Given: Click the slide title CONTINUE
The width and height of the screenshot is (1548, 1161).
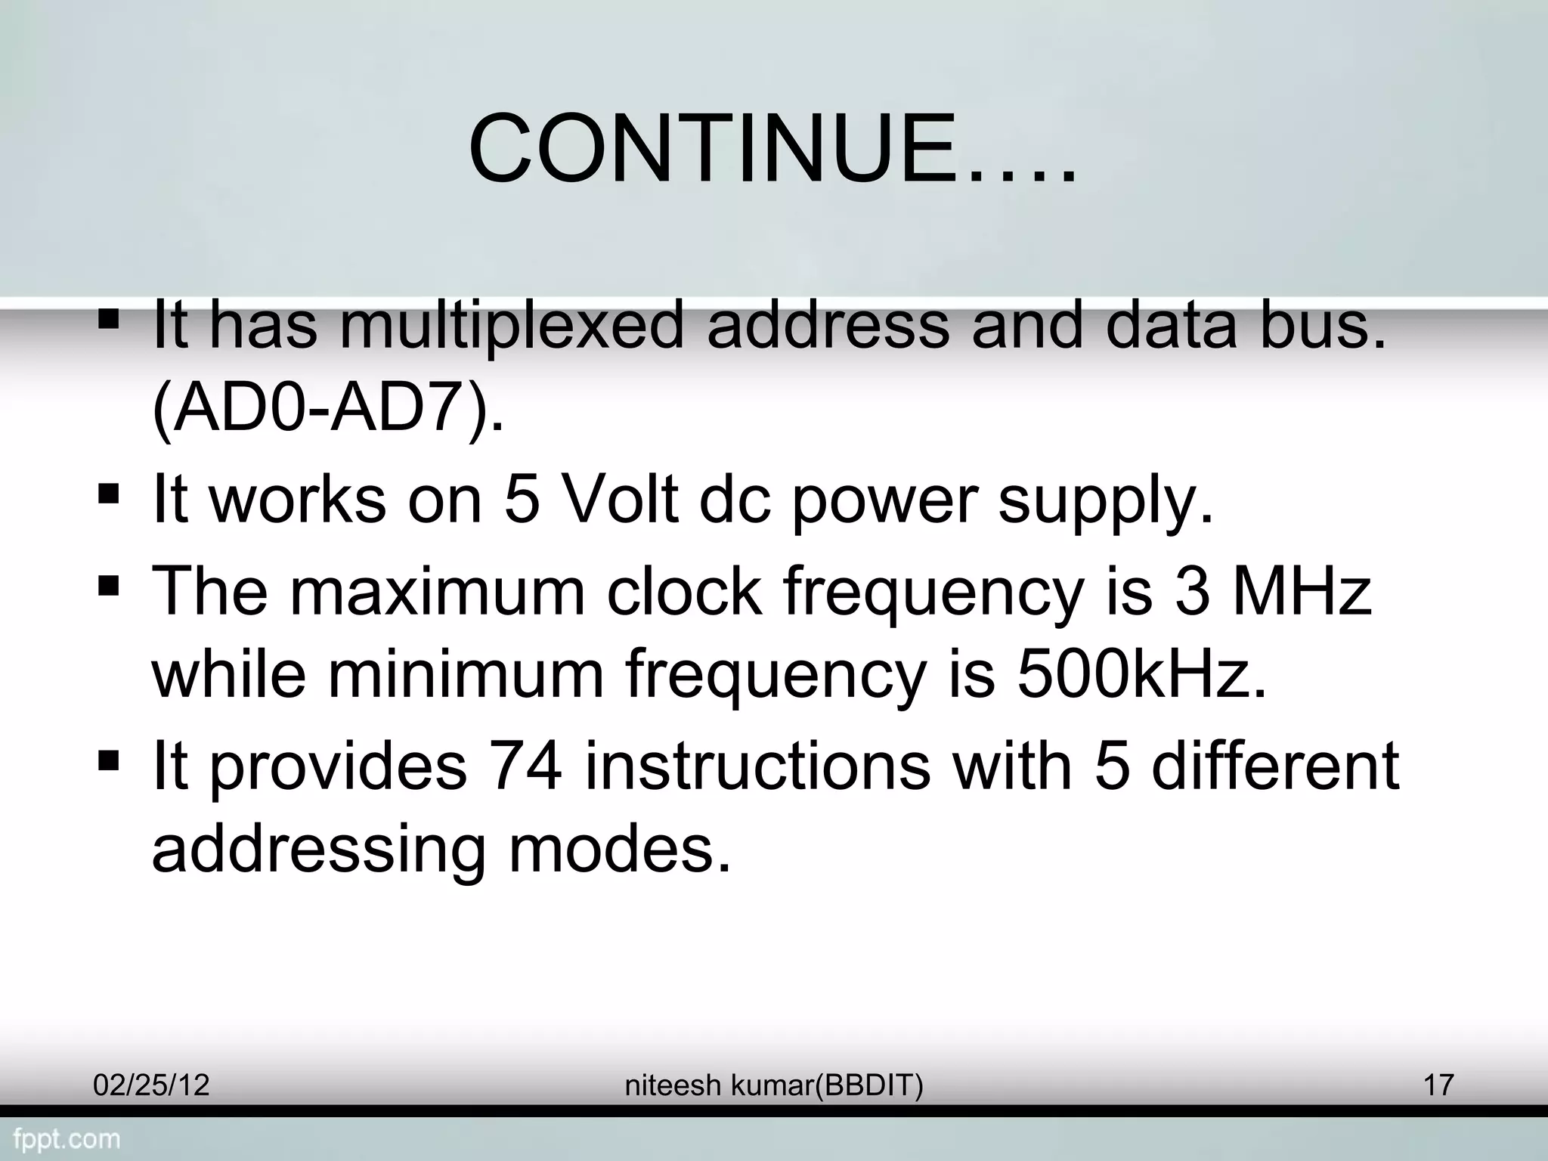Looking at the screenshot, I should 771,149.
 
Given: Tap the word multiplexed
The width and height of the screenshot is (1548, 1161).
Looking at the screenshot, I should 511,325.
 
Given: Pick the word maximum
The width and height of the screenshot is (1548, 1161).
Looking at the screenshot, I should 438,591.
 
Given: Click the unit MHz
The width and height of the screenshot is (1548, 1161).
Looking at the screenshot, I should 1302,591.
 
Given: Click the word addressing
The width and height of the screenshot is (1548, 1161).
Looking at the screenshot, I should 318,849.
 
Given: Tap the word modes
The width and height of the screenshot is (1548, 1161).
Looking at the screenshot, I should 620,849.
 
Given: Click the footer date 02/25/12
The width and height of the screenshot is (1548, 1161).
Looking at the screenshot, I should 151,1085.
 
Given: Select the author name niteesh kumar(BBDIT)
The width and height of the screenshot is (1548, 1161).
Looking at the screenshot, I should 774,1085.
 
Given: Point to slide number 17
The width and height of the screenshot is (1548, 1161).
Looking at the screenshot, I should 1438,1085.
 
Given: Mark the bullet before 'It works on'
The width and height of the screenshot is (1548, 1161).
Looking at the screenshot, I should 109,495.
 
